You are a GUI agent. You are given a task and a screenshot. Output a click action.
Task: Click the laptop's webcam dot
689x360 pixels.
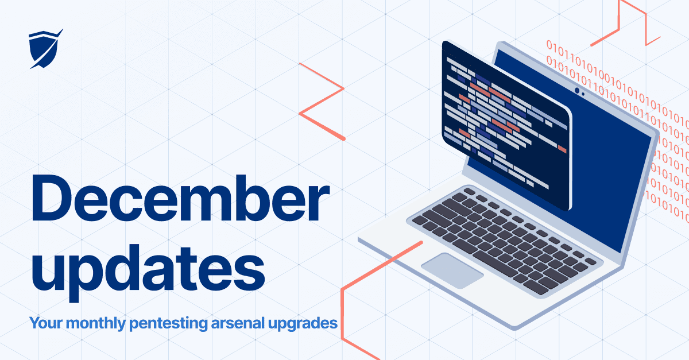(x=577, y=91)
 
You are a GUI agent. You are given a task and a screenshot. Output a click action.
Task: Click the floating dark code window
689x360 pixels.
(x=505, y=126)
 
